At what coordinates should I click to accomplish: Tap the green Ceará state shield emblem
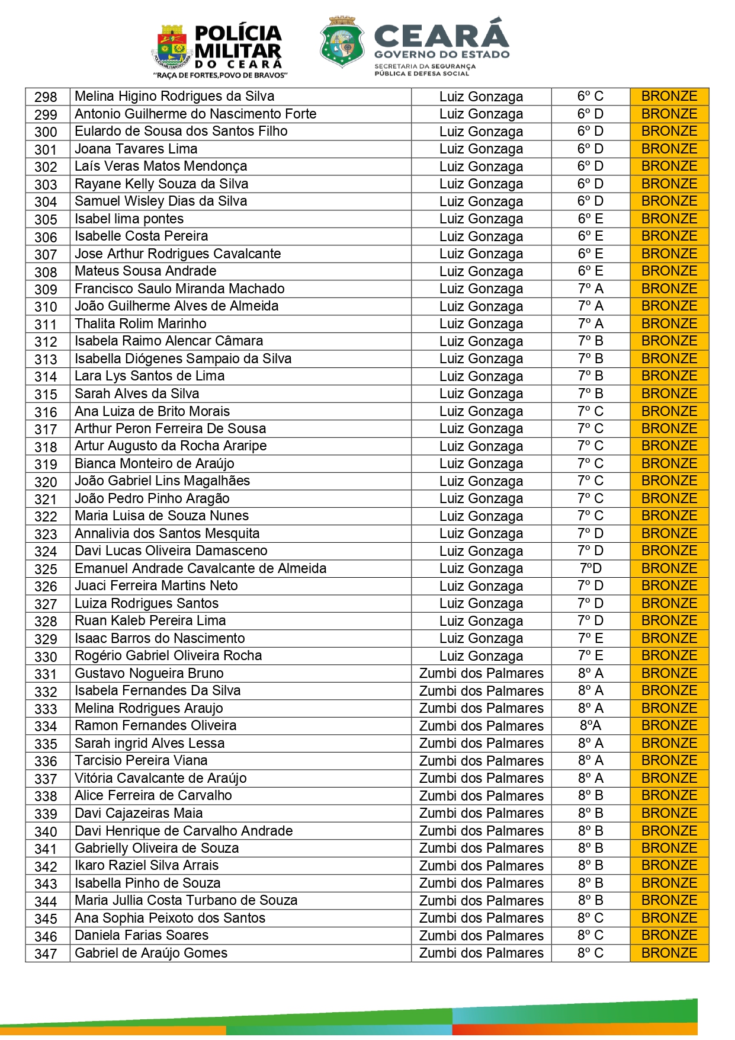(x=342, y=43)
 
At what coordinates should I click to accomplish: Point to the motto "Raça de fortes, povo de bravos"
(x=220, y=75)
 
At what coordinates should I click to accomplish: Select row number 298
(x=46, y=97)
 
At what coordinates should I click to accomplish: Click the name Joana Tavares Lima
(x=136, y=149)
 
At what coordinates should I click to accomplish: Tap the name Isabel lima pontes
(x=129, y=219)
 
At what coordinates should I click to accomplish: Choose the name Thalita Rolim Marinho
(x=140, y=324)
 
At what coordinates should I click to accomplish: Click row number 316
(x=46, y=412)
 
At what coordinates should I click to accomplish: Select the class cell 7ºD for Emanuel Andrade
(x=590, y=569)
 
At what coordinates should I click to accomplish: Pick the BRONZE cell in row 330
(x=669, y=656)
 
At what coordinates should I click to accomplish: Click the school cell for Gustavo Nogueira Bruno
(x=481, y=674)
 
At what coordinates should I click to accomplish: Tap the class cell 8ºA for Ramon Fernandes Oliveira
(x=590, y=726)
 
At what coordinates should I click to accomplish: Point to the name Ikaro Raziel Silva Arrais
(x=146, y=866)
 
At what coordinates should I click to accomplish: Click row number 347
(x=46, y=953)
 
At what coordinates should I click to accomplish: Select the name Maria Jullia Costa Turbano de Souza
(x=186, y=901)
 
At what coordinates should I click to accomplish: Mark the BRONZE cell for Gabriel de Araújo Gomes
(x=669, y=953)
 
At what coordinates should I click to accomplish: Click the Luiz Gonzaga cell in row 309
(x=481, y=289)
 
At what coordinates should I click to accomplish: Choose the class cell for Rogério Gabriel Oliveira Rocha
(x=590, y=656)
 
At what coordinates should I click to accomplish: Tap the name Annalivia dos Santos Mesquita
(x=167, y=534)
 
